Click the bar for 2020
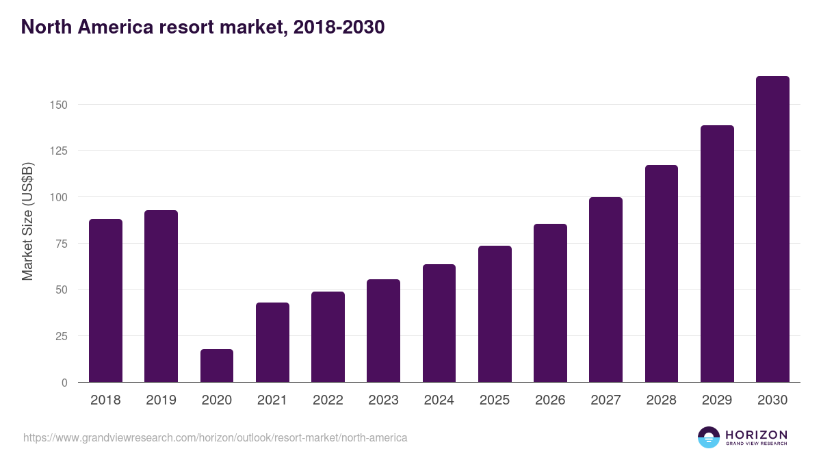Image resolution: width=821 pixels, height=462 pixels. click(217, 365)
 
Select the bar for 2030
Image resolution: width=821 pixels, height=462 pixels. click(772, 229)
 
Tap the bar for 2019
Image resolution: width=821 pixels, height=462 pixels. click(161, 296)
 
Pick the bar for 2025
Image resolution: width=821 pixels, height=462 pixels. click(495, 314)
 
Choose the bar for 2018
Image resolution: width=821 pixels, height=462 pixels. click(105, 300)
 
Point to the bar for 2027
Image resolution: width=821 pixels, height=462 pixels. click(605, 290)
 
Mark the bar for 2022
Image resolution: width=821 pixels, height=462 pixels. click(328, 337)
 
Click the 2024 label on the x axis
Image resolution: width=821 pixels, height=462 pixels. click(439, 400)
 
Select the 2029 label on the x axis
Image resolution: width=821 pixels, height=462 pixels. click(716, 400)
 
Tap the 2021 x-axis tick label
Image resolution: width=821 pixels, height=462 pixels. click(272, 400)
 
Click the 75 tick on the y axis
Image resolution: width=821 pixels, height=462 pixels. click(61, 244)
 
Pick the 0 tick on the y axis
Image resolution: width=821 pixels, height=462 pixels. click(64, 383)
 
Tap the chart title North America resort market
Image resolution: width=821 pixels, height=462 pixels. click(203, 27)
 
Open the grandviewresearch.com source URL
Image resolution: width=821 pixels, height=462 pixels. click(216, 437)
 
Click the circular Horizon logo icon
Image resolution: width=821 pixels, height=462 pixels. click(709, 437)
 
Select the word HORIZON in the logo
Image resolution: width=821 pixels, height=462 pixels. click(756, 435)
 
